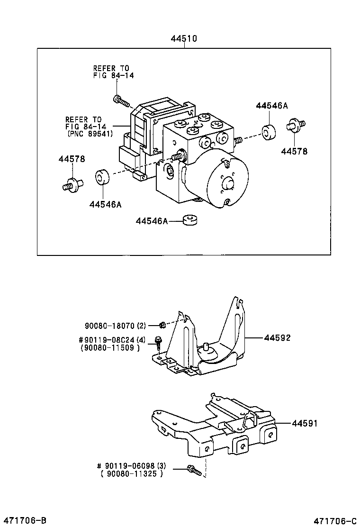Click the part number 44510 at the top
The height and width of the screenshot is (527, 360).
click(x=184, y=39)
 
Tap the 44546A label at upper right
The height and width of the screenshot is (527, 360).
click(x=272, y=106)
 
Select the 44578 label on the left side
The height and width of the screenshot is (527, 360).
click(x=72, y=159)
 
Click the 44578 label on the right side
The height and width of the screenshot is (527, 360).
click(x=294, y=152)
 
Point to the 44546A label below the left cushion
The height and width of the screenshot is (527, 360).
click(x=105, y=204)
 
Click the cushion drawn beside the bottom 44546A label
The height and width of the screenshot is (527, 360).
click(x=190, y=220)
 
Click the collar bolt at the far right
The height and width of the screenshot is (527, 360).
click(x=294, y=127)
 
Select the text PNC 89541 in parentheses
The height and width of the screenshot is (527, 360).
click(x=90, y=134)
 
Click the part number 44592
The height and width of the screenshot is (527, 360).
click(x=277, y=338)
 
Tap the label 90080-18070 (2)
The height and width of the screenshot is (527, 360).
click(x=116, y=326)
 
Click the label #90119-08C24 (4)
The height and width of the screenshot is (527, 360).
click(x=112, y=340)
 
